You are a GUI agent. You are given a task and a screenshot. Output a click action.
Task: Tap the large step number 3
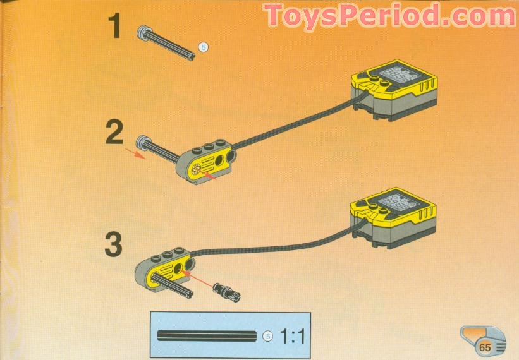pos(113,244)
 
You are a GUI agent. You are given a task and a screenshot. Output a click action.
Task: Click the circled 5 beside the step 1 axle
pos(203,46)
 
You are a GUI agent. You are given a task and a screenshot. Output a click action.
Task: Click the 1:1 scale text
pos(291,336)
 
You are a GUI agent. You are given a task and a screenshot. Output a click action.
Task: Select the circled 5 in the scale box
pos(267,336)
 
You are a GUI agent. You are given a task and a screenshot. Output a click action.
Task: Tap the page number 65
pos(485,346)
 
